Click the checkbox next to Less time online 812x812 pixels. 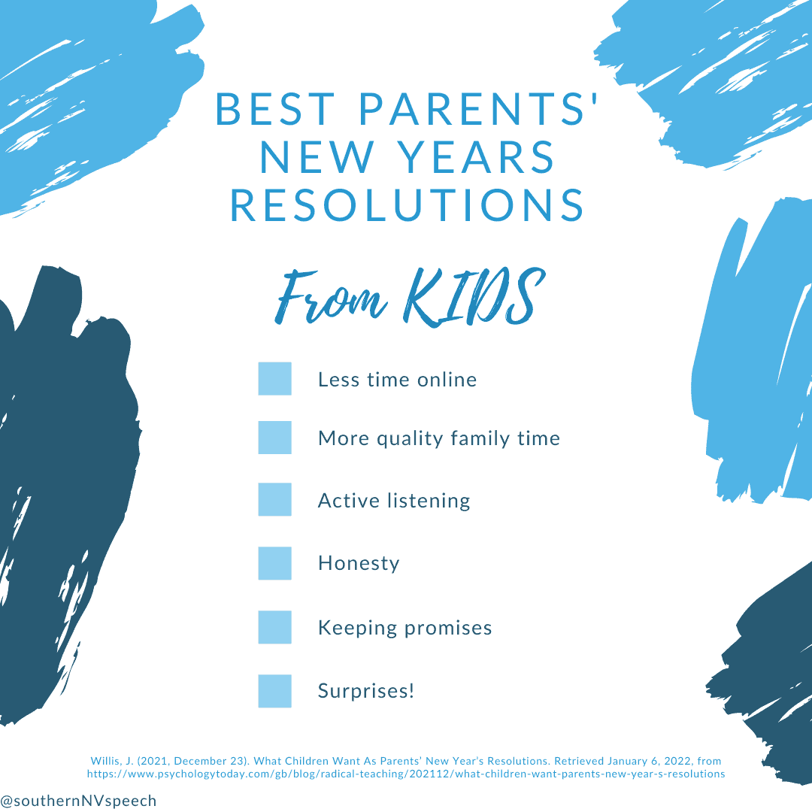tap(274, 378)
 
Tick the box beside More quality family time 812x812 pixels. tap(274, 438)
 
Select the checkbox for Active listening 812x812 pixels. tap(274, 499)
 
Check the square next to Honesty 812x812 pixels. tap(274, 563)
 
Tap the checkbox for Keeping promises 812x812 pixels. tap(274, 627)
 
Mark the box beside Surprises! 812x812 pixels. tap(274, 691)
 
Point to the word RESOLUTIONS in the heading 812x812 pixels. tap(407, 205)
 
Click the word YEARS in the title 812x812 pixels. tap(477, 157)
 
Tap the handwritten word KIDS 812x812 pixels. tap(474, 297)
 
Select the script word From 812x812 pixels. tap(330, 297)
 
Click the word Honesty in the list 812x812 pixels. tap(359, 563)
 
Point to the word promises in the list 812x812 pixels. tap(448, 628)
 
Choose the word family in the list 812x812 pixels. tap(480, 438)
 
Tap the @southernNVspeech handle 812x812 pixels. tap(78, 801)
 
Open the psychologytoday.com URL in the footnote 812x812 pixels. tap(406, 774)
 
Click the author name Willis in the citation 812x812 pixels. tap(106, 761)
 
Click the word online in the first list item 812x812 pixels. tap(447, 380)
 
